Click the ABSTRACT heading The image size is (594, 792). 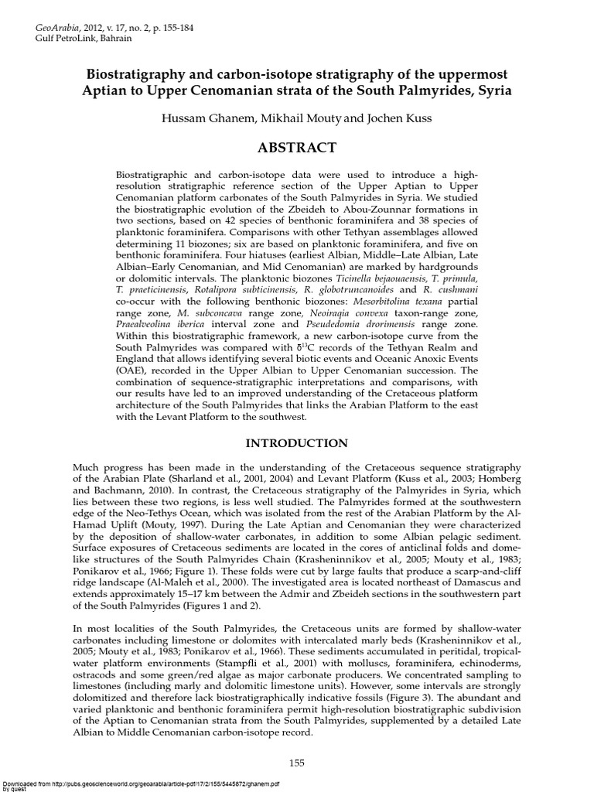pos(297,148)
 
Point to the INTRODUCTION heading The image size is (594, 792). pos(297,443)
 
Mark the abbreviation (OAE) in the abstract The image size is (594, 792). pos(131,370)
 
